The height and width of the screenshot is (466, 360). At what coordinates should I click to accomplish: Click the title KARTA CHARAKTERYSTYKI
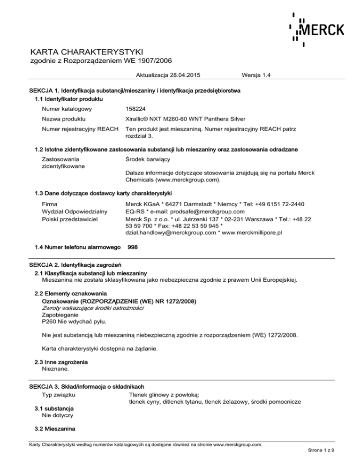(x=86, y=51)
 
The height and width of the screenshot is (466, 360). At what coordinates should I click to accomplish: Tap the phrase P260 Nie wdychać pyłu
(x=74, y=322)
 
